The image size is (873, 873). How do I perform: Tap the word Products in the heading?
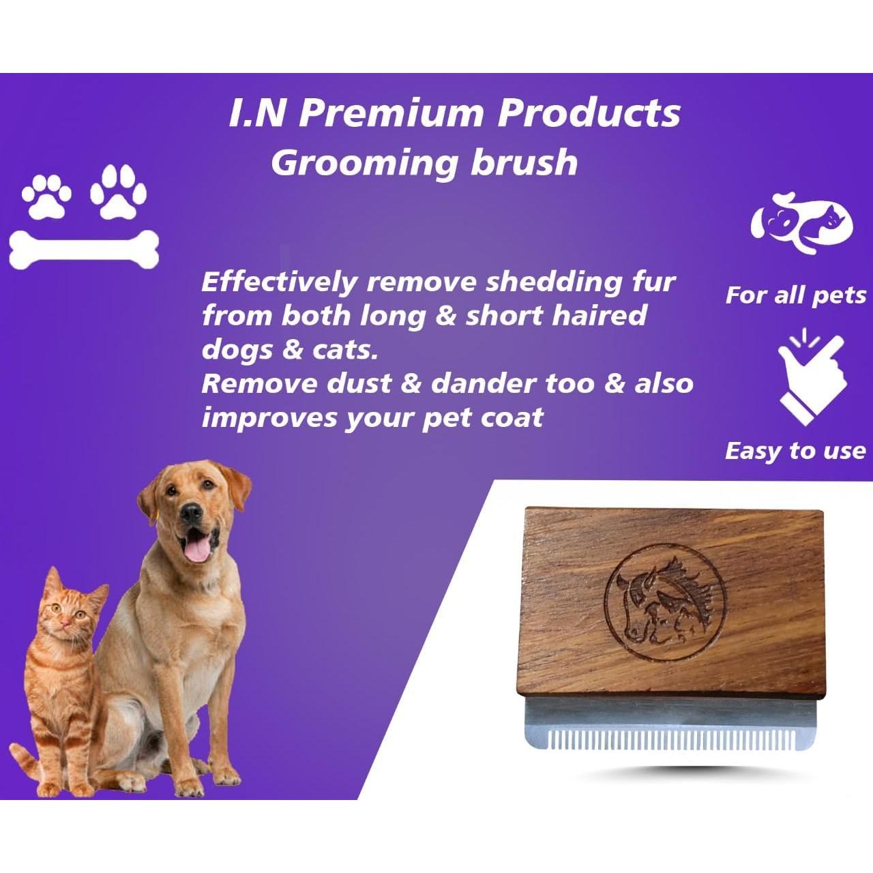[x=589, y=113]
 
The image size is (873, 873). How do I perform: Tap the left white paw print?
[x=46, y=194]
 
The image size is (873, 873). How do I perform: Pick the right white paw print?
[x=119, y=192]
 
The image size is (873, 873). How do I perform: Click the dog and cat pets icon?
[x=801, y=222]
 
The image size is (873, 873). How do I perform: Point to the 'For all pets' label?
[x=795, y=295]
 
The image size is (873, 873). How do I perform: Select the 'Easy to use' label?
[x=795, y=451]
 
